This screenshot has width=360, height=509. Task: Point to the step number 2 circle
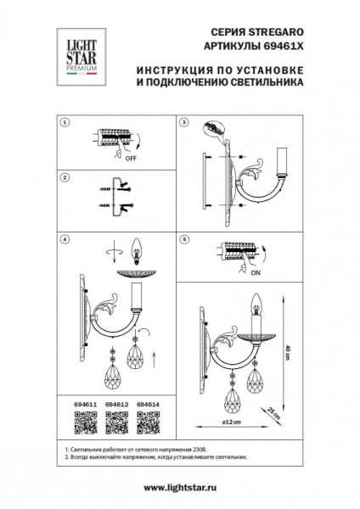[x=65, y=177]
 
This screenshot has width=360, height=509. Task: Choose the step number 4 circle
[x=65, y=239]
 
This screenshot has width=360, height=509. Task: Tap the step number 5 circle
[x=183, y=239]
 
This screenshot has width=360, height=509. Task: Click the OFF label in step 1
[x=131, y=158]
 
